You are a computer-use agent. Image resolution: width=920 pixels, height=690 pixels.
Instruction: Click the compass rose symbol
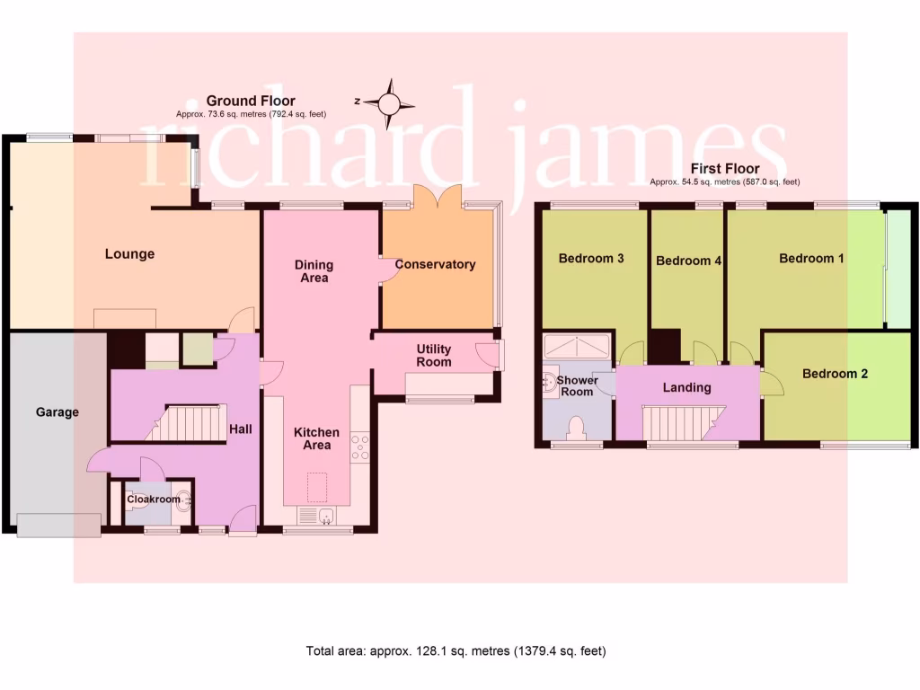(x=390, y=102)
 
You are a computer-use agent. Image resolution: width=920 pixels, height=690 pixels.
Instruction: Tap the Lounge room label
(x=129, y=254)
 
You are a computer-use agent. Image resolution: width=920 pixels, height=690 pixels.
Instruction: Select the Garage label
(x=57, y=412)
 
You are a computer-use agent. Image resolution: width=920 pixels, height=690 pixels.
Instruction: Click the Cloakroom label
(x=153, y=500)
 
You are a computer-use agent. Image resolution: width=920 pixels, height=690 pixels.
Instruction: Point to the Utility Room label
(x=434, y=355)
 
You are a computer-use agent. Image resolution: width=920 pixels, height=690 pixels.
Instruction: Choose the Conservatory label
(x=435, y=264)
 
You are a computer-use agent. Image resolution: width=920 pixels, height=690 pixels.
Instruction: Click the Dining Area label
(x=314, y=271)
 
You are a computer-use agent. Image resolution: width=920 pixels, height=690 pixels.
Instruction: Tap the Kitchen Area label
(x=317, y=438)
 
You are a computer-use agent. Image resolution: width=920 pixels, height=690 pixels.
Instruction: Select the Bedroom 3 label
(x=591, y=259)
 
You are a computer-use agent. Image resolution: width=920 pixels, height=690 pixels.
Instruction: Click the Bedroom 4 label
(x=689, y=261)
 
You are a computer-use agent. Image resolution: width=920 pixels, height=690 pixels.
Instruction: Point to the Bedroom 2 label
(x=835, y=374)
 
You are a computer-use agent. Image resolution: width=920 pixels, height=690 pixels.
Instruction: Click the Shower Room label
(x=577, y=386)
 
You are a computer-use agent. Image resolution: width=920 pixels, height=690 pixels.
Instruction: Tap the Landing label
(x=686, y=388)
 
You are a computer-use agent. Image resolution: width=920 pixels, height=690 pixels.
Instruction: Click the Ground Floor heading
(x=251, y=101)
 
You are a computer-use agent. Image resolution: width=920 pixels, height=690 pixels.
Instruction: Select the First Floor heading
(x=724, y=169)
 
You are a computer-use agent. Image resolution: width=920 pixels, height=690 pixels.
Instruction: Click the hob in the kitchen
(x=360, y=447)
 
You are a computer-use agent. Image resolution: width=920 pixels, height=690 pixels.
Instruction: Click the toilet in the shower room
(x=577, y=427)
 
